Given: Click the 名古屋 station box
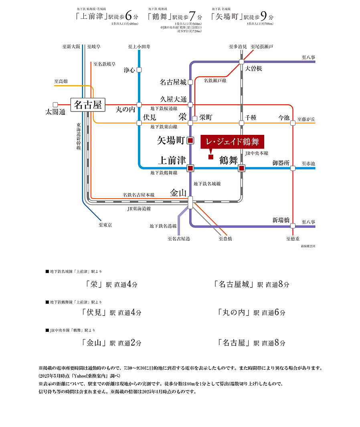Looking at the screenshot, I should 87,105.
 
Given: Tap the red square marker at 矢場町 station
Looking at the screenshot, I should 190,140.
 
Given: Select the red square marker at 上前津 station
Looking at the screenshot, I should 190,168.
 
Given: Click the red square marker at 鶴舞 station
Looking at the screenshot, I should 241,168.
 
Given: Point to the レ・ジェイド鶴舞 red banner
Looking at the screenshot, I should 232,142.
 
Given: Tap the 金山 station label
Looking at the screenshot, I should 178,193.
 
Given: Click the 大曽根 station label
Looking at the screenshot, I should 253,69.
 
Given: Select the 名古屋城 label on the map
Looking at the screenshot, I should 173,82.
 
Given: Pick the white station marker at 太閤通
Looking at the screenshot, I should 55,104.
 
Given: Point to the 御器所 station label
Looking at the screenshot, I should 281,163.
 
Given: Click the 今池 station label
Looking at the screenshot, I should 284,118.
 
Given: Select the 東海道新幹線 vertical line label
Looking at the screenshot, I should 79,136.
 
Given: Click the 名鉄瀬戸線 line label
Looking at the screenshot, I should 215,81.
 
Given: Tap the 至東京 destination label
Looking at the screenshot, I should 105,225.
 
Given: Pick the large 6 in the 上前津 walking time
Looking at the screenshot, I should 128,16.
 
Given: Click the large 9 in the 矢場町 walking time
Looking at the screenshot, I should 263,16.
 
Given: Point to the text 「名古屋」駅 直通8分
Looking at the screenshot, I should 251,343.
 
